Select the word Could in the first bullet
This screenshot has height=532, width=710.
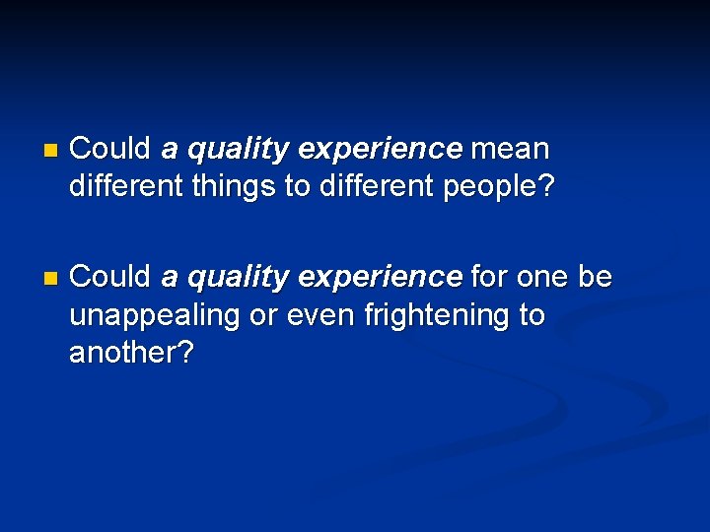pos(110,150)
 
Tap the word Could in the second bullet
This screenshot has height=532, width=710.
pos(110,278)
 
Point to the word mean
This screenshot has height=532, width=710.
pos(510,150)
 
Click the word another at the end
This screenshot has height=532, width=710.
pos(131,352)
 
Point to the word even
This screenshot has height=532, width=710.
pos(327,315)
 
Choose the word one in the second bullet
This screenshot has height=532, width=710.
pos(541,278)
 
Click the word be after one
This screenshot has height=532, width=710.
pos(595,278)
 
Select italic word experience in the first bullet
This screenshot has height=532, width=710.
pos(379,150)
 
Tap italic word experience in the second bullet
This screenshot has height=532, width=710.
pos(379,278)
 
